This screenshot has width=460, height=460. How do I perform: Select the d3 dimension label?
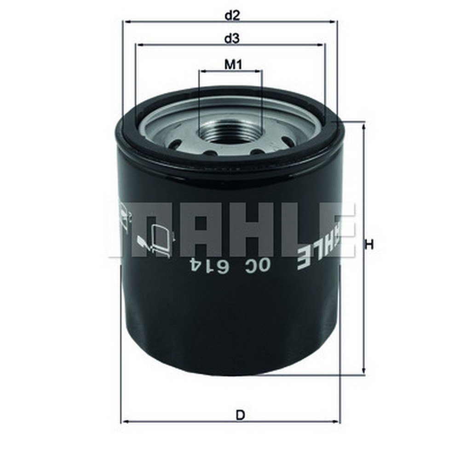pos(233,39)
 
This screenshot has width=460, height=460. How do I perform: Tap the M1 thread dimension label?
pos(233,64)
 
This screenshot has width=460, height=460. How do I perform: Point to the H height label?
pos(368,245)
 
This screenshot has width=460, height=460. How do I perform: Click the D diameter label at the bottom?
pos(240,415)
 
